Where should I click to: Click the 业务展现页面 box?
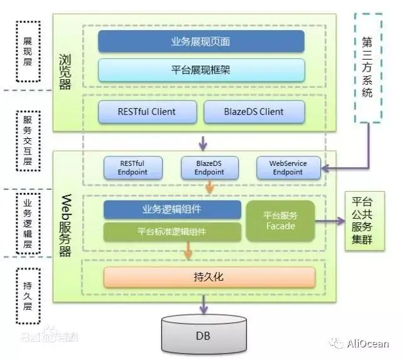click(x=201, y=41)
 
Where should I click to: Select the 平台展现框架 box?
click(x=201, y=70)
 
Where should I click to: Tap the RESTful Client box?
click(x=146, y=112)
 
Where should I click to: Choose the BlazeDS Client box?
click(x=254, y=112)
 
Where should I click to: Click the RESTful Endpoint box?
click(x=133, y=168)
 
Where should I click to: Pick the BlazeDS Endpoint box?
click(x=209, y=168)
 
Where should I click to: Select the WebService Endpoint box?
click(x=288, y=168)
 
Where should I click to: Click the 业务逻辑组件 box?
click(x=172, y=209)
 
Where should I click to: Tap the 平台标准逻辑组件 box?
click(x=172, y=231)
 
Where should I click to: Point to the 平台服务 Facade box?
click(x=280, y=221)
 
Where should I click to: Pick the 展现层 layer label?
click(x=27, y=52)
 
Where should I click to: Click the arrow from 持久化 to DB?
click(x=203, y=303)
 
